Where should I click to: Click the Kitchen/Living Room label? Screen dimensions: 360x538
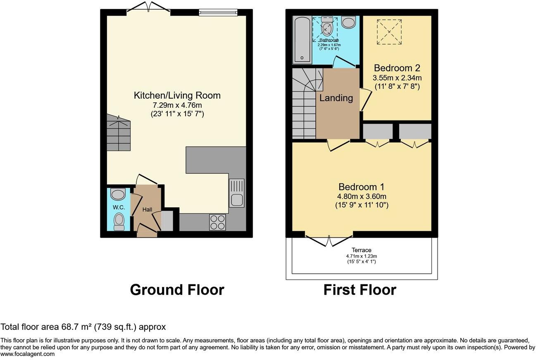tap(177, 95)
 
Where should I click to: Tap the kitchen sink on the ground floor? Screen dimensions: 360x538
tap(237, 192)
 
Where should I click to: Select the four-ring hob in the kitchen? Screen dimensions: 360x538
tap(217, 223)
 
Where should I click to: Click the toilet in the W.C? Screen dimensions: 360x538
tap(119, 221)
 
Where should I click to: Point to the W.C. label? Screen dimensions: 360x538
tap(119, 207)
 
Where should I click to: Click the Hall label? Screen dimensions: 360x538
tap(147, 210)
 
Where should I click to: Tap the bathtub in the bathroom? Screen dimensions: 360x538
tap(301, 40)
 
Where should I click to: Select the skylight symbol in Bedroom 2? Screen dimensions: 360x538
tap(389, 31)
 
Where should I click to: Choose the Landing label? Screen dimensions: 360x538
tap(336, 98)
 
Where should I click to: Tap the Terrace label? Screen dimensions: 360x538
tap(361, 250)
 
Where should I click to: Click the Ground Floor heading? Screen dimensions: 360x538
tap(177, 290)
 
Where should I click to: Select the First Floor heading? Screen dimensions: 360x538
tap(359, 290)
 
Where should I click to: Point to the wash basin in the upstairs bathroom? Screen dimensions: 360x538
tap(348, 22)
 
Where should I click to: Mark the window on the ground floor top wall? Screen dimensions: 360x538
tap(218, 12)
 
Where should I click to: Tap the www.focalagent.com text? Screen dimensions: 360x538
tap(27, 354)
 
